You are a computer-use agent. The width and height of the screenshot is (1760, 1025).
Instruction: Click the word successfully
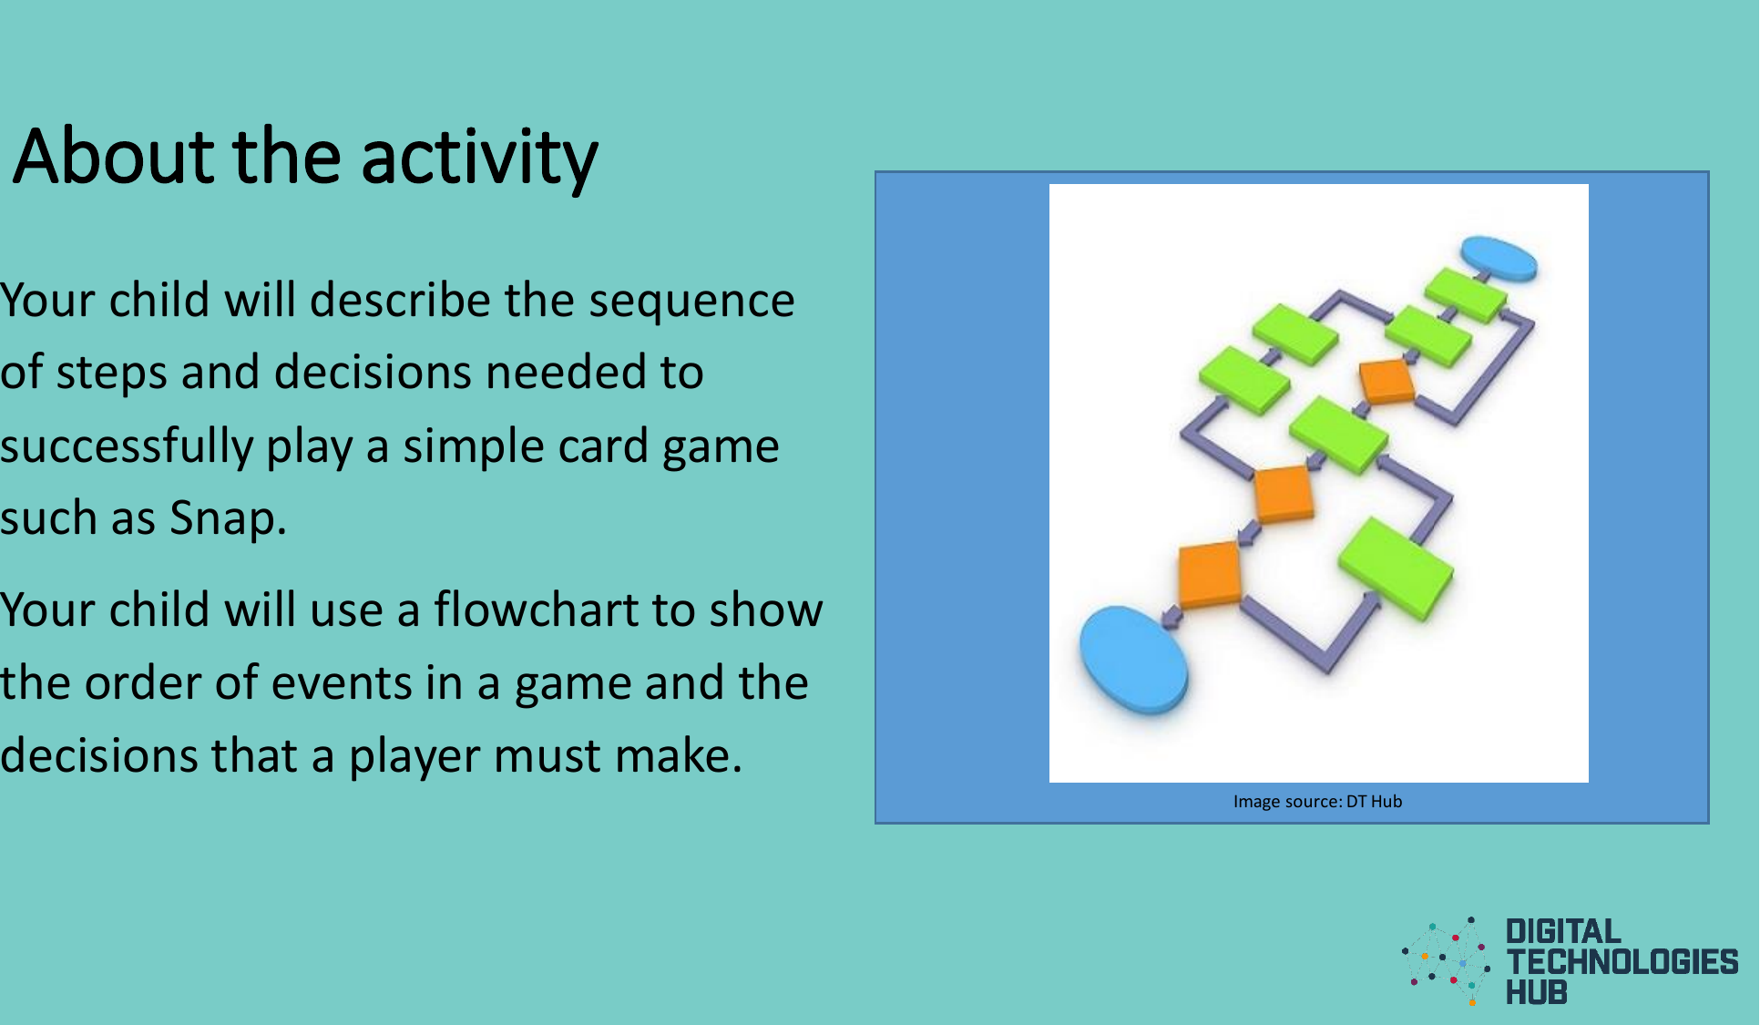[x=127, y=446]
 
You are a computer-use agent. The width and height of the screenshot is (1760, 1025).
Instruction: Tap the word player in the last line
[x=414, y=756]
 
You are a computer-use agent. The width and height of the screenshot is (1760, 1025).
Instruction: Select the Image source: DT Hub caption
[x=1317, y=802]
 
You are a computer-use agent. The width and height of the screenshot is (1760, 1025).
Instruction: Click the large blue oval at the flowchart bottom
[x=1133, y=660]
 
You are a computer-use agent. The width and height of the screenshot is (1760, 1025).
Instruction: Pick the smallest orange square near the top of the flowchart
[x=1387, y=381]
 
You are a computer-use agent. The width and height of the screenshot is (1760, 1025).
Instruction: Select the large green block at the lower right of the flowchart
[x=1396, y=567]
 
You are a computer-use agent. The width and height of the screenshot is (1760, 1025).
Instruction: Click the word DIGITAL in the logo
[x=1562, y=931]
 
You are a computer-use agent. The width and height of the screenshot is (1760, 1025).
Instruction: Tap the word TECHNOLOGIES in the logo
[x=1622, y=962]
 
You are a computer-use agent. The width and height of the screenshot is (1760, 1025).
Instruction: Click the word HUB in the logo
[x=1536, y=992]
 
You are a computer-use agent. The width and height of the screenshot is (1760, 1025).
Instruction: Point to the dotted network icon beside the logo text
[x=1447, y=961]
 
